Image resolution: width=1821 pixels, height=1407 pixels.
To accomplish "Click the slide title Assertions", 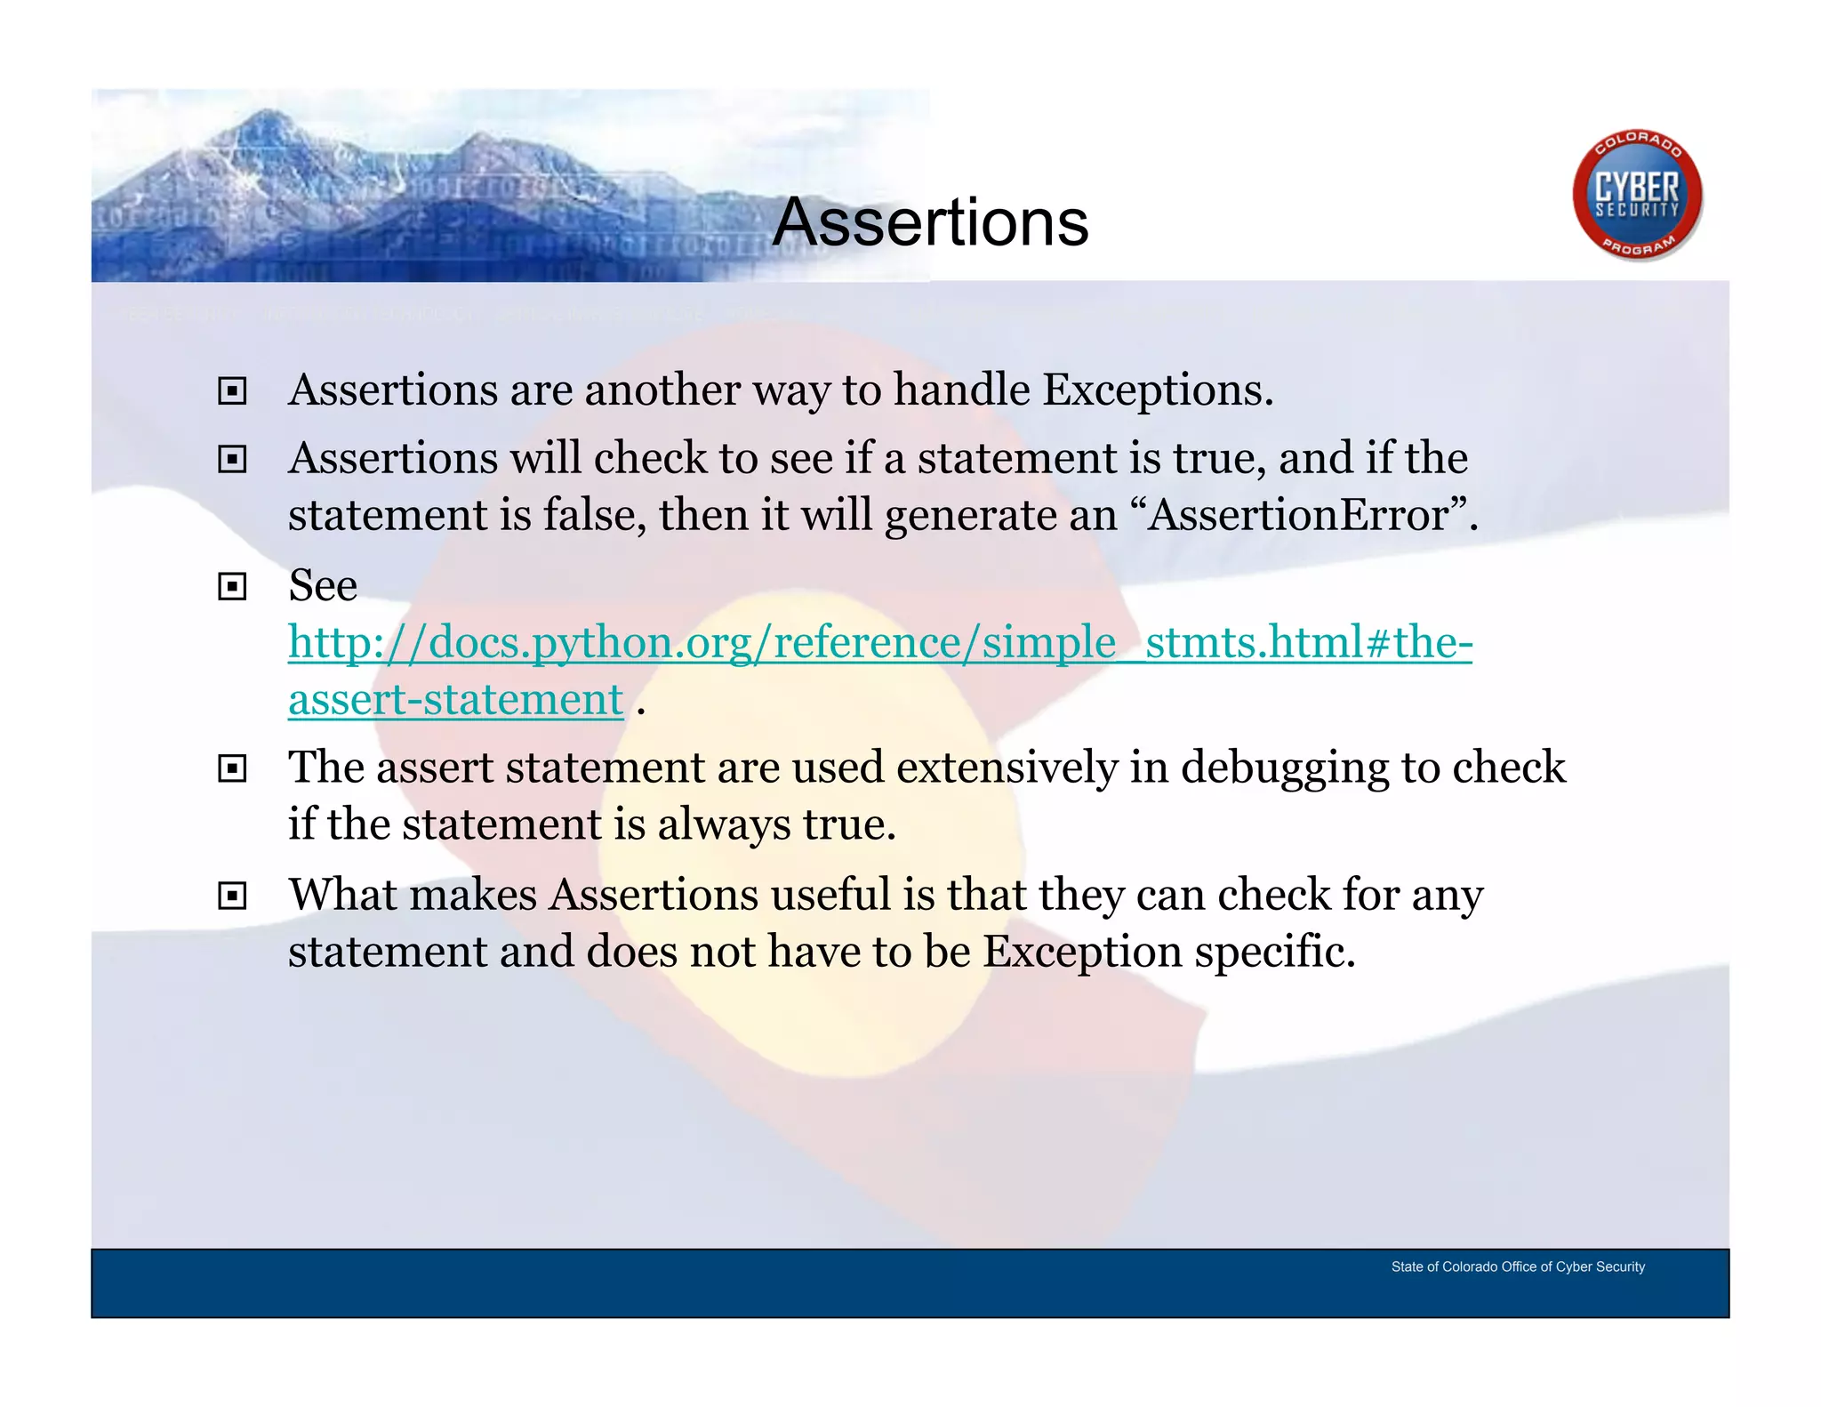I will (930, 222).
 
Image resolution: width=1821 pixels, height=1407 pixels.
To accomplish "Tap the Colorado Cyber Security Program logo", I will (1637, 196).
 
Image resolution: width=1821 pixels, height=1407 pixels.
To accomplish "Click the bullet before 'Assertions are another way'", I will (232, 391).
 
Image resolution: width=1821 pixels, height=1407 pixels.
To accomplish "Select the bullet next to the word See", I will (232, 587).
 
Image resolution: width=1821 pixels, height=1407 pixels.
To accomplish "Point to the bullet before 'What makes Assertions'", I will (232, 896).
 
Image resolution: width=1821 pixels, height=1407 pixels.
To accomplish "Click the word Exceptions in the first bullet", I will (1158, 390).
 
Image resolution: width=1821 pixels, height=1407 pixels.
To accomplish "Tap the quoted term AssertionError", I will (1298, 516).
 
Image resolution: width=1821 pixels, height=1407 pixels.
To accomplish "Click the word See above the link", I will (323, 586).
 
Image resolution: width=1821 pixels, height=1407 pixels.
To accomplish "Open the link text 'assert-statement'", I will (455, 700).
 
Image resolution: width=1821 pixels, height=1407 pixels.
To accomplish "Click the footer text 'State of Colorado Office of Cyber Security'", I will (1518, 1266).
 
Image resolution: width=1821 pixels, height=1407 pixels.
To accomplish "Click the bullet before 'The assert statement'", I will (232, 768).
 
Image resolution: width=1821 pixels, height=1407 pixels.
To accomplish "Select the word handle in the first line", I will (961, 390).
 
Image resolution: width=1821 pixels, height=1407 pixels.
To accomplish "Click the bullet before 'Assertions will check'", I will (232, 460).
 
